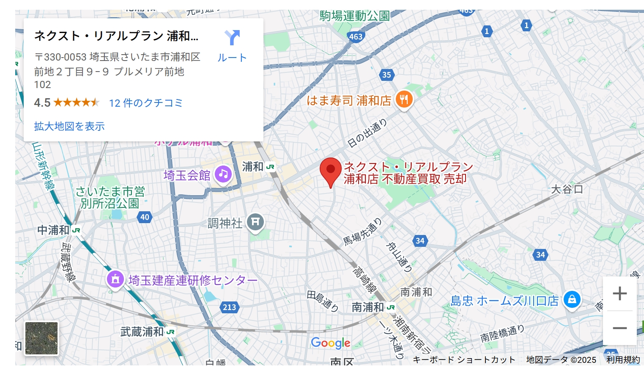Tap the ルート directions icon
pos(232,38)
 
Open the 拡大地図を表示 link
pos(69,126)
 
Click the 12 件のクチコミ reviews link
pos(146,103)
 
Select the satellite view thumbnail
pos(41,338)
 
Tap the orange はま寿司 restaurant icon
pos(404,99)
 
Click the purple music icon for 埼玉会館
pos(223,174)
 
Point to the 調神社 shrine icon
pos(255,221)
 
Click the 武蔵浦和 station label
pos(142,332)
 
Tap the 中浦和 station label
pos(54,230)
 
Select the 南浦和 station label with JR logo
pos(368,307)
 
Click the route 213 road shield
pos(230,307)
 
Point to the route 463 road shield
pos(356,36)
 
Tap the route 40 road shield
pos(145,217)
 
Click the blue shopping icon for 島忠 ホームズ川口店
pos(572,299)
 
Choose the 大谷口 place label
pos(567,189)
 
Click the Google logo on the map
pos(331,343)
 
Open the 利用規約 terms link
pos(623,360)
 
